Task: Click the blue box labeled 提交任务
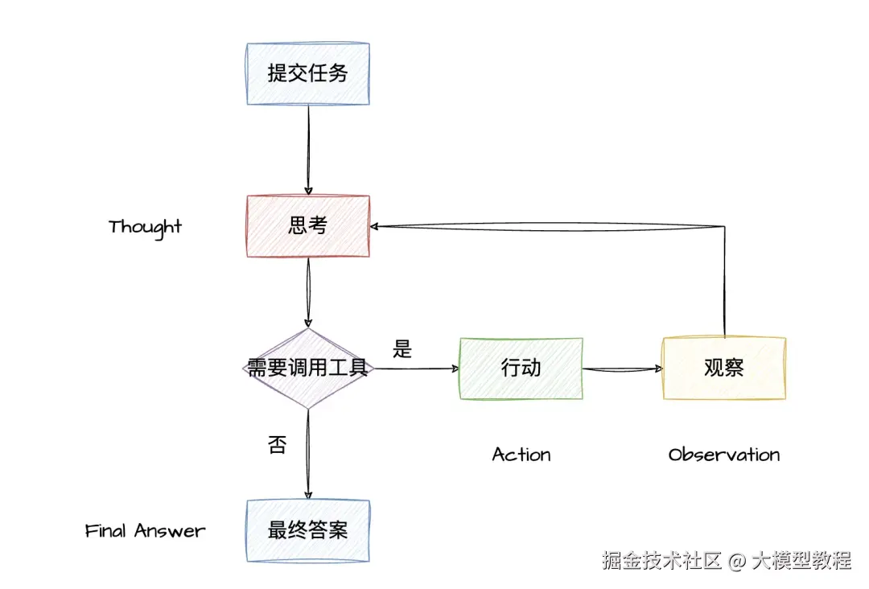click(308, 74)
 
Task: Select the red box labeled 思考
click(308, 226)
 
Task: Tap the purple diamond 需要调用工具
click(308, 369)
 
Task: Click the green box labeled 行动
click(521, 369)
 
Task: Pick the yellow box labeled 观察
click(724, 369)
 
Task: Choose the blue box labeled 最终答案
click(308, 531)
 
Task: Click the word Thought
click(145, 227)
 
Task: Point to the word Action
click(521, 455)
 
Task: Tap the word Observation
click(724, 455)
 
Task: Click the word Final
click(106, 530)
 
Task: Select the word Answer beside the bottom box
click(170, 531)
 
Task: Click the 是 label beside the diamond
click(402, 349)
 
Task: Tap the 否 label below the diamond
click(277, 444)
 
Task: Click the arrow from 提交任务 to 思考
click(309, 150)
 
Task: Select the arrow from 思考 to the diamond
click(308, 293)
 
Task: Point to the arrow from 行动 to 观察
click(623, 369)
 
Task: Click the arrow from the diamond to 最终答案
click(308, 455)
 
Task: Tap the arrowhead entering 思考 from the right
click(374, 226)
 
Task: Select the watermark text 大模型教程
click(801, 561)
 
